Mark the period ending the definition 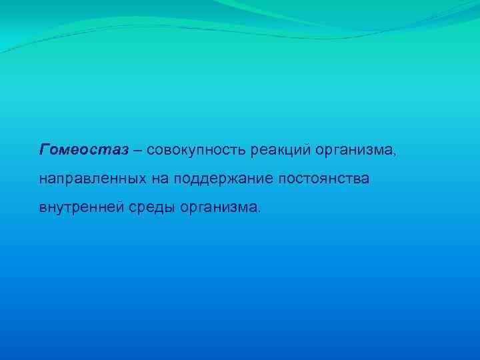coord(261,211)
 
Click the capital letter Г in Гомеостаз coord(45,149)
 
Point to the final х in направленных coord(125,179)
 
